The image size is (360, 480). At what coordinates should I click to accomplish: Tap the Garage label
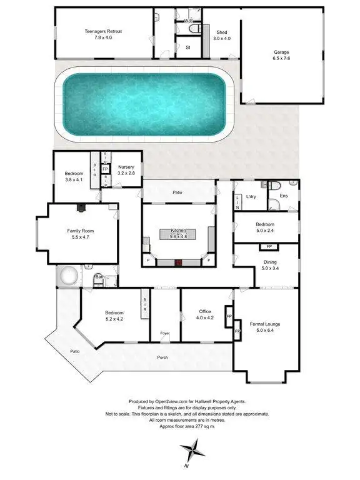coord(281,53)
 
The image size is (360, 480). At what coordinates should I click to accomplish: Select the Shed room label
coord(222,32)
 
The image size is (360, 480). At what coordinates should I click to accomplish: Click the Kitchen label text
coord(179,231)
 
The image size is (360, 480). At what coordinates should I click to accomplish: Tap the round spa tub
coord(67,276)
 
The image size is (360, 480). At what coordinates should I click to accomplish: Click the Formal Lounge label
coord(265,324)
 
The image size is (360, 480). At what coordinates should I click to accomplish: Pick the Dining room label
coord(270,262)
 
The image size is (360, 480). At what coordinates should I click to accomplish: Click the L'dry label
coord(252,196)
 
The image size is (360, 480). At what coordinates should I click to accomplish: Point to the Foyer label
coord(164,333)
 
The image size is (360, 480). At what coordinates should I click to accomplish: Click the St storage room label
coord(187,46)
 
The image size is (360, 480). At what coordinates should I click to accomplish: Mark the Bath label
coord(99,276)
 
